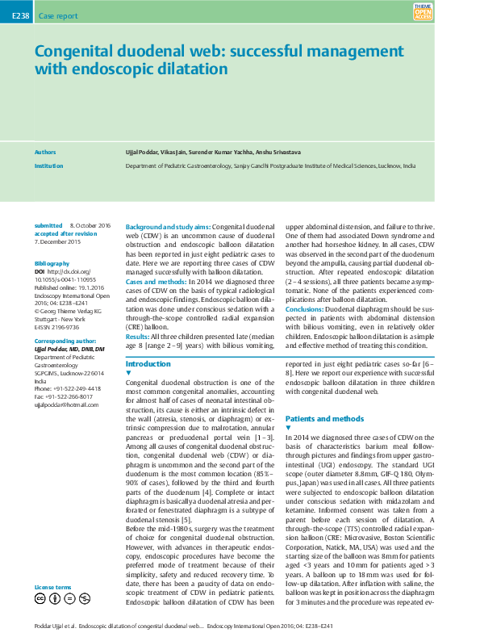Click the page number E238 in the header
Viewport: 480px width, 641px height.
[x=15, y=15]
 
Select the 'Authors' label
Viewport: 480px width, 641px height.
[x=45, y=151]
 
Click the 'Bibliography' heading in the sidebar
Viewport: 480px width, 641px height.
[x=52, y=264]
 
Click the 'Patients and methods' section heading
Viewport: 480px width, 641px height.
[x=324, y=419]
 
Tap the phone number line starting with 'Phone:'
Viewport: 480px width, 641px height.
[x=68, y=388]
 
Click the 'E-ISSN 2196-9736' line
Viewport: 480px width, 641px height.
[x=56, y=327]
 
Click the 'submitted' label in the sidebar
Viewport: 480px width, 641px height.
[x=48, y=225]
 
